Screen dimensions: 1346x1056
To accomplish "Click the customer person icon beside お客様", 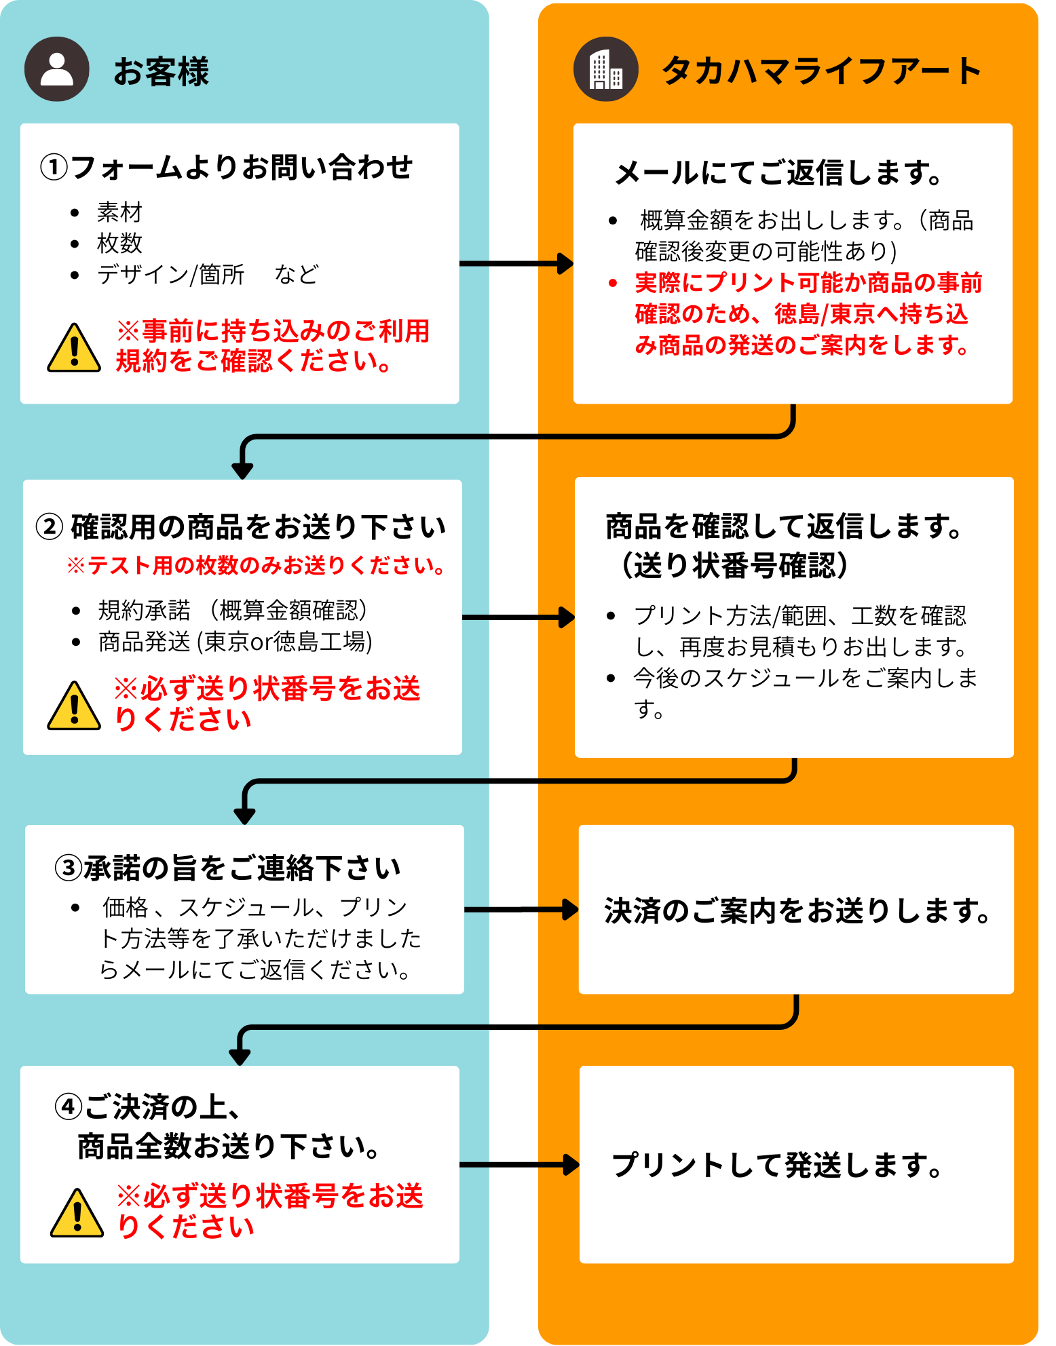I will click(57, 69).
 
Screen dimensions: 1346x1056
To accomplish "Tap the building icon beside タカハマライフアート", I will click(605, 69).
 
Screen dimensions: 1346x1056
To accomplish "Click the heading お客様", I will click(161, 71).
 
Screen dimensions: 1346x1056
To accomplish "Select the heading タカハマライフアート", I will click(821, 71).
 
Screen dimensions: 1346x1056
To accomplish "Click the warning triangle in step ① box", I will click(74, 349).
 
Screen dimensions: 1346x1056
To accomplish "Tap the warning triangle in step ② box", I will click(74, 706).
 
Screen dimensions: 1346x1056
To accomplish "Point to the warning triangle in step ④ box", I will click(77, 1214).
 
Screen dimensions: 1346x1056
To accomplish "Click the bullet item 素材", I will click(119, 212).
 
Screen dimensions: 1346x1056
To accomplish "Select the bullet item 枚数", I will click(119, 243).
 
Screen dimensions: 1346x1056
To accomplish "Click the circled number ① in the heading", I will click(54, 168).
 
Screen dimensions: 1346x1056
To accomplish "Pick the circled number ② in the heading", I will click(50, 526).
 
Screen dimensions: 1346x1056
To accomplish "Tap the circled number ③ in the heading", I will click(68, 868).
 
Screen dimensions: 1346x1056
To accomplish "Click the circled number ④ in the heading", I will click(68, 1107).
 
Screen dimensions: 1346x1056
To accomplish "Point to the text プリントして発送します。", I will click(778, 1165).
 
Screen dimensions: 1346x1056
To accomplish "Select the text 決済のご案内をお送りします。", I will click(797, 910).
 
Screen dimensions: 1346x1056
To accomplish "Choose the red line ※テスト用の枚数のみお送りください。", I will click(256, 565).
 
